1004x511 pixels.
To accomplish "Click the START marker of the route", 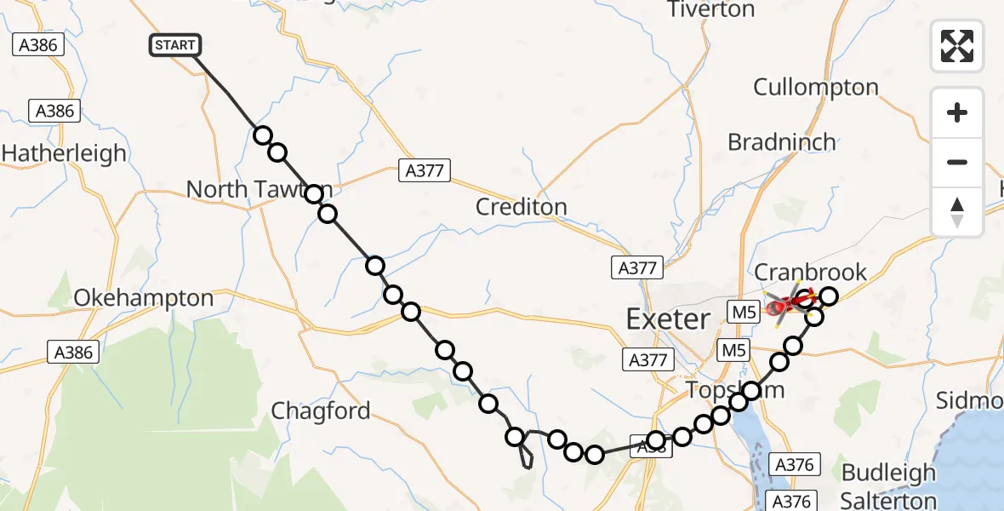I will (174, 45).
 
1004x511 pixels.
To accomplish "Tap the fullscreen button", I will (957, 46).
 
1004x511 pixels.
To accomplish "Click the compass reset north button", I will (957, 212).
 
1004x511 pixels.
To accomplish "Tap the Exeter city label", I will (668, 319).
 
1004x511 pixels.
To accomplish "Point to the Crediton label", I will (521, 207).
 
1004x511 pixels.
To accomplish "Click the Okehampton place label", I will (144, 298).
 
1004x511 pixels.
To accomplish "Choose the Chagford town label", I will (321, 411).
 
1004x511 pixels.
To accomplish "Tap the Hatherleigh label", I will (64, 154).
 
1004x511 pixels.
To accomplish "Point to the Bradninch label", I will (782, 142).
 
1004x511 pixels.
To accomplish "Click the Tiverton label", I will (711, 10).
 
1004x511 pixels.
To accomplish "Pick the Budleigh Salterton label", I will (888, 486).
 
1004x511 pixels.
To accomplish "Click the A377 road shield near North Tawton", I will (425, 171).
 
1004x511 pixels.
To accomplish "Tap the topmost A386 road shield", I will (39, 45).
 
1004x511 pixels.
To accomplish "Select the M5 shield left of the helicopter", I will (743, 312).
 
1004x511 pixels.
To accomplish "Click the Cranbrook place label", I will (811, 273).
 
